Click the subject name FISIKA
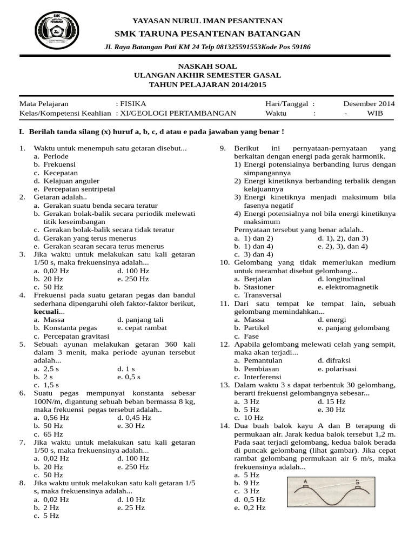[133, 104]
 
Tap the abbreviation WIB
[374, 114]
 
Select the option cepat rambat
[145, 328]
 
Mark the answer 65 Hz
[53, 434]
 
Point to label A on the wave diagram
[305, 480]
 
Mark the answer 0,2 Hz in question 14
[255, 507]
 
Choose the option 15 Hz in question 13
[335, 401]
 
